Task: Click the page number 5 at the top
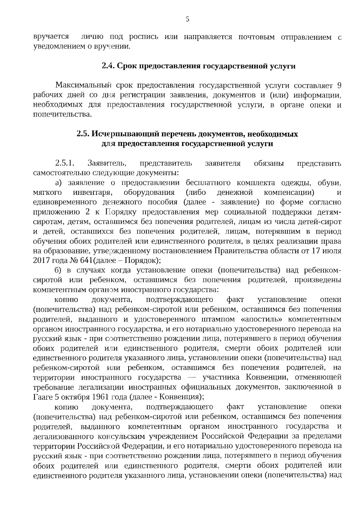point(187,19)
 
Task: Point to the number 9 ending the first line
point(339,86)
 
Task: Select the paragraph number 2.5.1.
point(64,163)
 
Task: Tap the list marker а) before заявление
point(58,183)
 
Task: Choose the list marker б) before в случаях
point(58,271)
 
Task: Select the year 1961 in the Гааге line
point(100,397)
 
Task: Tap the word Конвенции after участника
point(266,377)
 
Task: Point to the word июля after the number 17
point(332,251)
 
